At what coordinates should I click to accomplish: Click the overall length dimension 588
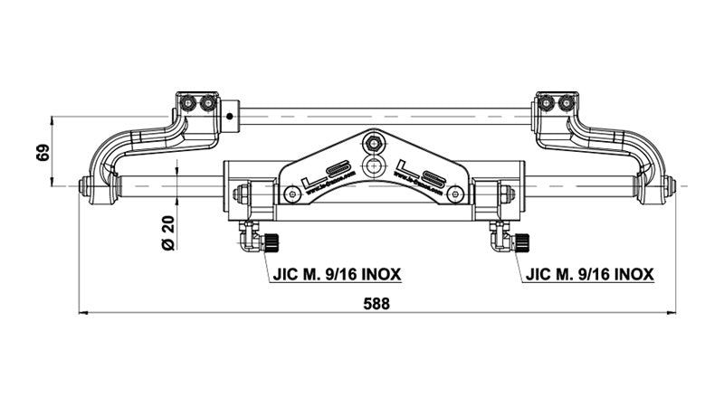(x=376, y=304)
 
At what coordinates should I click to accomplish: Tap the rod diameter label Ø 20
(x=167, y=232)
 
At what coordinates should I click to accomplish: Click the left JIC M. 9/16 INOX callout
(x=336, y=272)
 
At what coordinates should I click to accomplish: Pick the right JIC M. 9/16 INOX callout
(x=589, y=272)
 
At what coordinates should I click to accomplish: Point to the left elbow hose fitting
(x=247, y=239)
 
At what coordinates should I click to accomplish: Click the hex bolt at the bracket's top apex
(x=373, y=142)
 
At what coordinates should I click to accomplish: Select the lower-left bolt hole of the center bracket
(x=291, y=194)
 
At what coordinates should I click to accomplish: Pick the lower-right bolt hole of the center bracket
(x=456, y=194)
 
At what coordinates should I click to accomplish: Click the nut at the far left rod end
(x=83, y=186)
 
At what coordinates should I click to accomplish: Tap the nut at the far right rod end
(x=669, y=186)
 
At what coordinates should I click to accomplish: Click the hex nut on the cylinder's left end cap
(x=241, y=194)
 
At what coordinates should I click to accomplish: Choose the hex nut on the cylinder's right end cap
(x=506, y=194)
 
